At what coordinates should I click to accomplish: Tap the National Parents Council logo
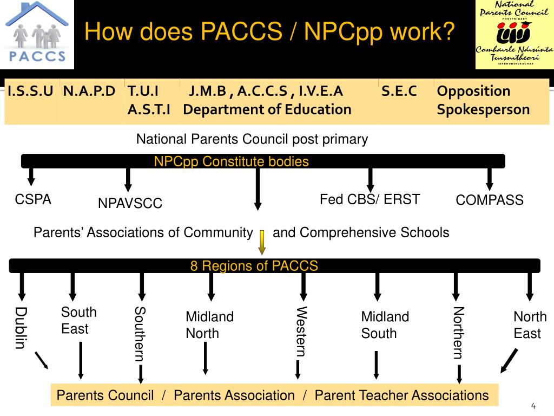tap(514, 34)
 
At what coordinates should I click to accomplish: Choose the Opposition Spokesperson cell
tap(483, 100)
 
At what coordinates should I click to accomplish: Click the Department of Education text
tap(267, 109)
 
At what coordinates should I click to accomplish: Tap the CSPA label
tap(33, 199)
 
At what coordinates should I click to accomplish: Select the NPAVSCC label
tap(130, 204)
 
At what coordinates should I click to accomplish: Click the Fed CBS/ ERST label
tap(370, 199)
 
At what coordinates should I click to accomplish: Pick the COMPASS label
tap(490, 200)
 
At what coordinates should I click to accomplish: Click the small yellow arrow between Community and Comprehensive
tap(262, 242)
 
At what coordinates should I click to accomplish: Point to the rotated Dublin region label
tap(21, 328)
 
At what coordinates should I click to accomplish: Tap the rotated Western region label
tap(301, 331)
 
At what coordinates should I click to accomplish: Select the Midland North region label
tap(209, 325)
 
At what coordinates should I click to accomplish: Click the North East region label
tap(530, 325)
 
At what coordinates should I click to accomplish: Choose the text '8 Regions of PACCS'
tap(254, 266)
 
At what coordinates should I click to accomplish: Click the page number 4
tap(533, 406)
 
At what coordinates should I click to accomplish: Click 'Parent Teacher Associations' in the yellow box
tap(401, 395)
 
